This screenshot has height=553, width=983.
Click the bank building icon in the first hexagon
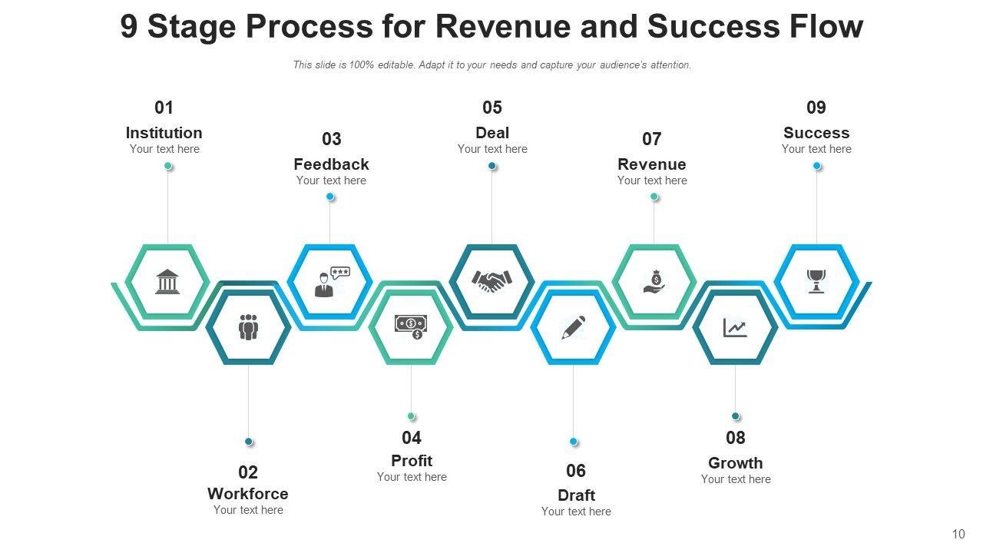point(167,282)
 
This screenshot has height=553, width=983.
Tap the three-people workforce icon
point(248,327)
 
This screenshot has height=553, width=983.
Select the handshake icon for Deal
point(491,282)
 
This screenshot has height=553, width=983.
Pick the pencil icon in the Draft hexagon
point(574,327)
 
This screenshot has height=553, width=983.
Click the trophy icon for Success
point(816,281)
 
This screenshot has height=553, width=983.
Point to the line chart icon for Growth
point(735,328)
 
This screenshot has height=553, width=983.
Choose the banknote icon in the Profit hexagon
point(411,326)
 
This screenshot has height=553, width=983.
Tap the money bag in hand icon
point(654,281)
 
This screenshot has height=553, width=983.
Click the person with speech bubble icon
point(331,281)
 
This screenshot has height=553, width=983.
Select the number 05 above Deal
point(492,108)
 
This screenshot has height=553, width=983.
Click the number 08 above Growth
point(736,438)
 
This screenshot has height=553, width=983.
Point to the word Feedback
point(331,164)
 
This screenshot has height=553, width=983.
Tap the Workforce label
point(248,494)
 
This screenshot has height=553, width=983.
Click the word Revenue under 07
point(652,164)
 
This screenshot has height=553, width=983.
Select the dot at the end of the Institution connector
point(168,166)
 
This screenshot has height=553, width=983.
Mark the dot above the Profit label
point(411,416)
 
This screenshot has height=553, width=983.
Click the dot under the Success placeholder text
point(817,166)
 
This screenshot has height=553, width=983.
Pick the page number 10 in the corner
point(958,534)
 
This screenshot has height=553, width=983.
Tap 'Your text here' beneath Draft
point(576,512)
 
